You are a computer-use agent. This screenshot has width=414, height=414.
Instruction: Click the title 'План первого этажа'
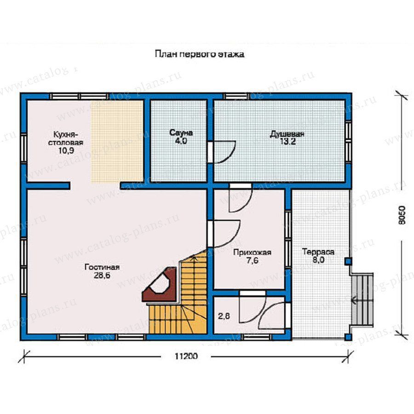199,54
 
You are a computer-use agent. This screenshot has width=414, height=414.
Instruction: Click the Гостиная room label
102,267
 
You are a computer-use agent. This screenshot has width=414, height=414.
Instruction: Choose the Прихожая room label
252,253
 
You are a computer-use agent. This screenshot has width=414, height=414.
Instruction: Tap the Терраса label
318,252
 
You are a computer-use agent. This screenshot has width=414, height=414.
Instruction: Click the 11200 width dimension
186,356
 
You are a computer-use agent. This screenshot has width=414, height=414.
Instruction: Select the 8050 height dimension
402,215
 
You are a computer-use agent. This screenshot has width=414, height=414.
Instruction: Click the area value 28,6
102,276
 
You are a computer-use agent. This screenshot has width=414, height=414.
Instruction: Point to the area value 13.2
287,142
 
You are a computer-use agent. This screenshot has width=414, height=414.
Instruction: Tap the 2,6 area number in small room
224,316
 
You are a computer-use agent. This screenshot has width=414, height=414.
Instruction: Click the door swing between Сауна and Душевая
224,152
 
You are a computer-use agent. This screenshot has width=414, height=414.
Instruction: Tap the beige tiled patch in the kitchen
117,141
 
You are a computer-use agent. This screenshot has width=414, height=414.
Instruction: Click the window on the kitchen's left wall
24,149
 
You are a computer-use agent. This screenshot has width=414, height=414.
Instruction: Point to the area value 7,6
252,261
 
